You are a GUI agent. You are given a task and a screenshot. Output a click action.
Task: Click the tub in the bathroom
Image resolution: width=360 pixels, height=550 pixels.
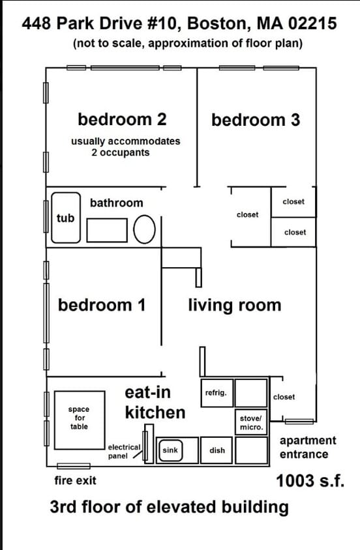coord(66,218)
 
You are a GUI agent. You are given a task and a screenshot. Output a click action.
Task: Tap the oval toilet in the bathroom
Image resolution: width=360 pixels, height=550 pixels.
coord(144,229)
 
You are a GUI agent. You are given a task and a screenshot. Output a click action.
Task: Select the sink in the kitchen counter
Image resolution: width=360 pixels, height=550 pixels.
coord(170,450)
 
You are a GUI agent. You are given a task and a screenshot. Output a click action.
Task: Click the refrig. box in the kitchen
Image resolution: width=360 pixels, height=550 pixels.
coord(217,393)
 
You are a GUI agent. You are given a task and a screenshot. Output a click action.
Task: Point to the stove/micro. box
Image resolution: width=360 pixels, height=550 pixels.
coord(251,422)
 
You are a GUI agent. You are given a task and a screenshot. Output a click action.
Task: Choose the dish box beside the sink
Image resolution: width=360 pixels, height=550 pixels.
coord(217,450)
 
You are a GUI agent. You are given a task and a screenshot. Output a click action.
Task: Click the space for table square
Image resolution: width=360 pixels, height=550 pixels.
coord(80,420)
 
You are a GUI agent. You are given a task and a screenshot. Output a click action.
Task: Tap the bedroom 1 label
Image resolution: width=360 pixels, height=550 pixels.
coord(102,305)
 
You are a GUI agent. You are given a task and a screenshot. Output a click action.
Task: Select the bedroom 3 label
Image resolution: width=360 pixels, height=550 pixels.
coord(256,120)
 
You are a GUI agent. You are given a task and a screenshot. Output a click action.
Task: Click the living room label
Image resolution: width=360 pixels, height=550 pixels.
coord(235,305)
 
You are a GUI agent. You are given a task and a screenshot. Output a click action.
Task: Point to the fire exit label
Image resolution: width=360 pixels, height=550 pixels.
coord(76,480)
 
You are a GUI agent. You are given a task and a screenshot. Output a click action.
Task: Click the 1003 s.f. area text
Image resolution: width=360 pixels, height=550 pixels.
coord(310,480)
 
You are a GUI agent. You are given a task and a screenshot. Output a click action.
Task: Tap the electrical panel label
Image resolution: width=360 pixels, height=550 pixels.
coord(124,452)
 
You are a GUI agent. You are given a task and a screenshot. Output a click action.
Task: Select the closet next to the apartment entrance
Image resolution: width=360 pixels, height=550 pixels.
coord(284,397)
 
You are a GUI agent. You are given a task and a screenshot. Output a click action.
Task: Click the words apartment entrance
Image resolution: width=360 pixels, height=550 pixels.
coord(308,447)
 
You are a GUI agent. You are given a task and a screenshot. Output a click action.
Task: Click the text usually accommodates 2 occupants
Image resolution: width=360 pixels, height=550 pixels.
coord(126,147)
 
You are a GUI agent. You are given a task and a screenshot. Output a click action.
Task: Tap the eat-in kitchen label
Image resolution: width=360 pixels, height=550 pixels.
coord(155,402)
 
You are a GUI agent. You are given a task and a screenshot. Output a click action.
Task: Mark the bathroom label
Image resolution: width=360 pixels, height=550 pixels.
coord(117,203)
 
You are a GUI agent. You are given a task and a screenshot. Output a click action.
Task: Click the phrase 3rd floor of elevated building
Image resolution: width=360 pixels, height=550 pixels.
coord(169,507)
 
